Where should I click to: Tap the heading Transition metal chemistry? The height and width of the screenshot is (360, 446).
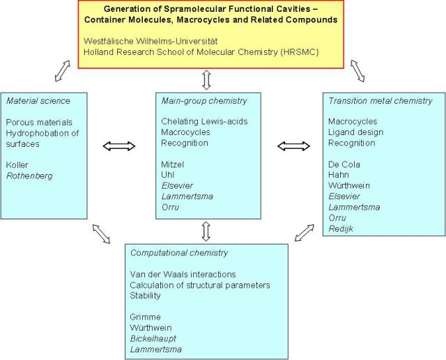pos(380,101)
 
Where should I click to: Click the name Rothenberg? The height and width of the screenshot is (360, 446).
pos(29,177)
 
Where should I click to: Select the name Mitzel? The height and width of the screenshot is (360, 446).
pos(173,165)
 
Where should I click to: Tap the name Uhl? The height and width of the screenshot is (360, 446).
pos(168,175)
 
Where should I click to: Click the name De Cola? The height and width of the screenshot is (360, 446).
pos(345,165)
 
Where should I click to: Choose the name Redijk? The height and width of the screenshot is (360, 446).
pos(342,229)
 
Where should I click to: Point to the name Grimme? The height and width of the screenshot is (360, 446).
pos(146,317)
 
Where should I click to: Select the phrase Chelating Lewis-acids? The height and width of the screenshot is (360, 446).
pos(203,122)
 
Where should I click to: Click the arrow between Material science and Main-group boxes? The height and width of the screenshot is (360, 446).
pos(119,146)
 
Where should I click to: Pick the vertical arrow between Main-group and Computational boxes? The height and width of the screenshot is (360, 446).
pos(206,230)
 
